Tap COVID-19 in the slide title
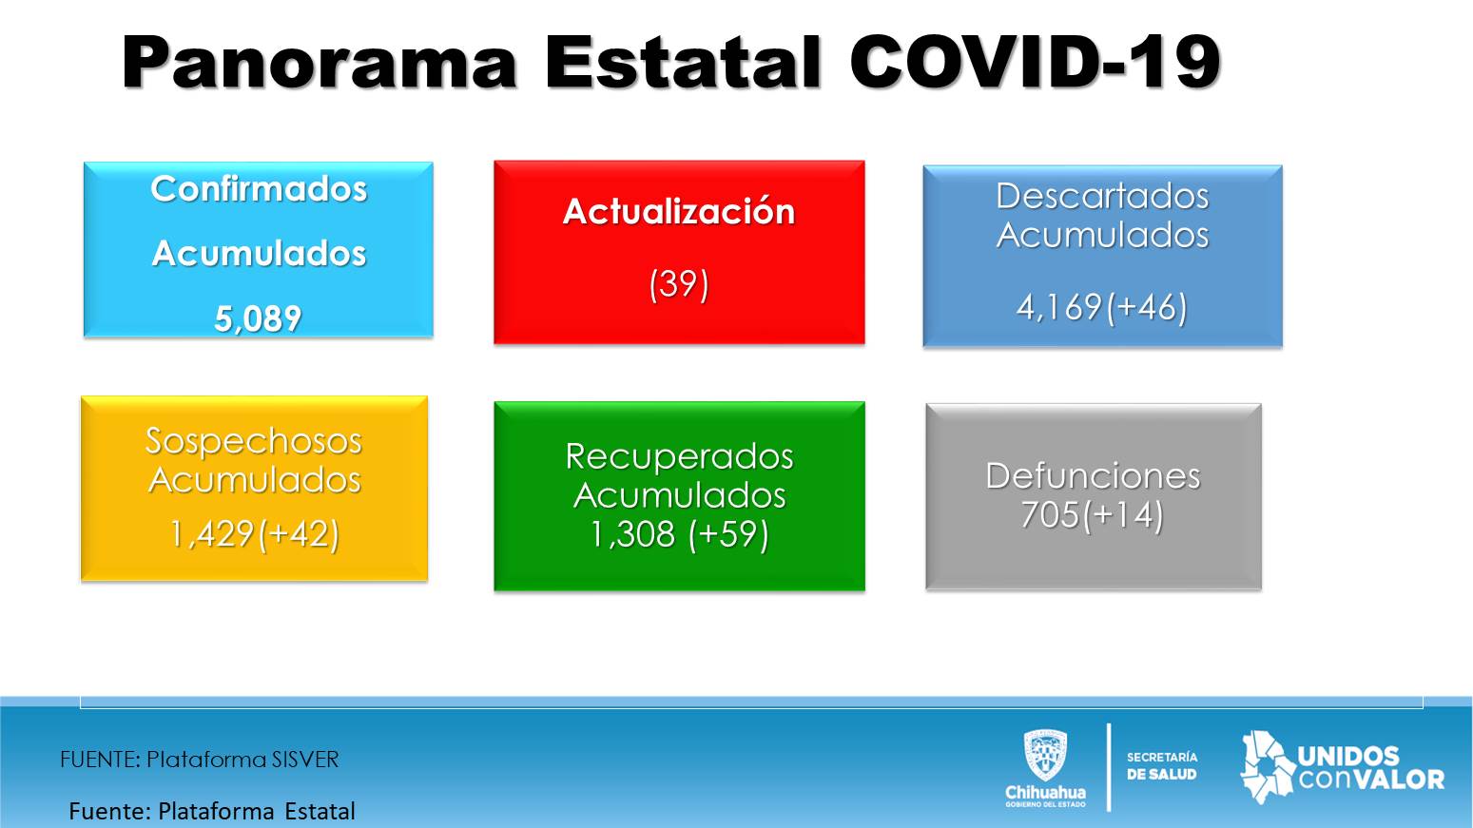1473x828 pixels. [x=1035, y=62]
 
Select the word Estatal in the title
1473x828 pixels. [x=683, y=62]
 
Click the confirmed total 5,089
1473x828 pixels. [x=258, y=318]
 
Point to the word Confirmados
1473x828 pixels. [x=259, y=189]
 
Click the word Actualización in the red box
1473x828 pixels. [x=679, y=212]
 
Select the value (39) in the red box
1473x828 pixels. [x=679, y=284]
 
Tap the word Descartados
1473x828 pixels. [x=1102, y=196]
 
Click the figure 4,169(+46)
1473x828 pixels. [x=1102, y=308]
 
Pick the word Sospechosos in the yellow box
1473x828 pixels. [x=254, y=441]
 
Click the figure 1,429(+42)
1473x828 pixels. [x=255, y=533]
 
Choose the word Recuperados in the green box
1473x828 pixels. [x=679, y=457]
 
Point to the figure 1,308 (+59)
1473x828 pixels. [x=679, y=533]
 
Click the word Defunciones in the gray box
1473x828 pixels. [x=1093, y=475]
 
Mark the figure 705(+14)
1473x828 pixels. [x=1093, y=514]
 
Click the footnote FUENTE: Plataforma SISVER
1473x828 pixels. [x=200, y=760]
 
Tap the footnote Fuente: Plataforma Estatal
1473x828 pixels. [x=212, y=812]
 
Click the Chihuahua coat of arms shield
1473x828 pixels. [x=1046, y=755]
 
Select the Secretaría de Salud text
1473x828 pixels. [x=1162, y=766]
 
